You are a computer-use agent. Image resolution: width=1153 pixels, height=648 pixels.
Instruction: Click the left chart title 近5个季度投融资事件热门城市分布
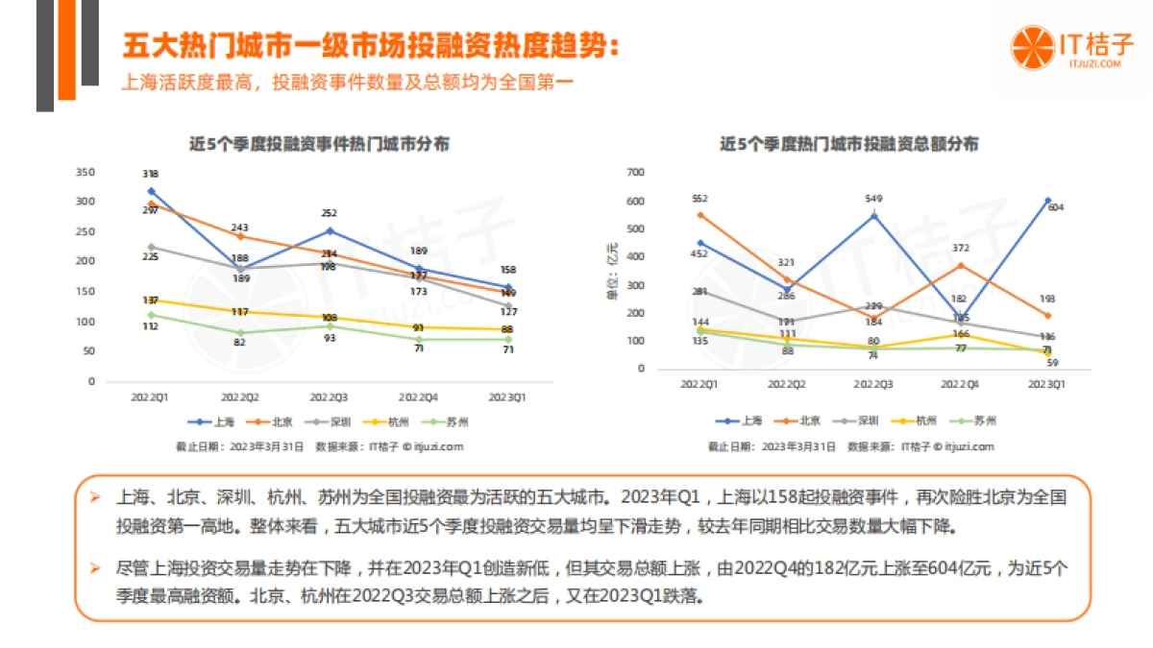click(x=319, y=144)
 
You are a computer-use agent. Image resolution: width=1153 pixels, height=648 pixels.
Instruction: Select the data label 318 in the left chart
click(x=150, y=174)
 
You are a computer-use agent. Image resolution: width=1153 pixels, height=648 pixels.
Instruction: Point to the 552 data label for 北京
click(x=699, y=198)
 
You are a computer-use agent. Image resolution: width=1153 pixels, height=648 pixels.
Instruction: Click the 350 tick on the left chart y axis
click(x=86, y=172)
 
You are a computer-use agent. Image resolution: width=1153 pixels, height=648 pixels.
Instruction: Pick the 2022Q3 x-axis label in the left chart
click(x=330, y=396)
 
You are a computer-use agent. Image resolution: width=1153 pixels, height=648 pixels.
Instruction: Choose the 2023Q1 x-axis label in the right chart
click(x=1047, y=383)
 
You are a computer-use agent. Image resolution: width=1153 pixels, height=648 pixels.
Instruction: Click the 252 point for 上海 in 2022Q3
click(x=330, y=230)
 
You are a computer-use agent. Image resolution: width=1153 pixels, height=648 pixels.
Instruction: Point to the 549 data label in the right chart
click(x=873, y=199)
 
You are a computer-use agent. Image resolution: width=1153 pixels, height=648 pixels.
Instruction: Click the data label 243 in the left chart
click(x=239, y=228)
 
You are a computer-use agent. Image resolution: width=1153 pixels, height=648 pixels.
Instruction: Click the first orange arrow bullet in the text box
click(x=95, y=498)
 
